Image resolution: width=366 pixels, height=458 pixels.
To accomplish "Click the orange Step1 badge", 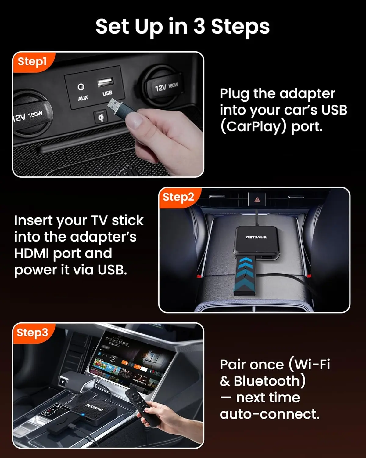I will tap(32, 62).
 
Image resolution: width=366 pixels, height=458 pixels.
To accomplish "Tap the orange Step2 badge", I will tap(178, 197).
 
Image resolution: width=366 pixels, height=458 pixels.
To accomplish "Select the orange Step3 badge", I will tap(32, 333).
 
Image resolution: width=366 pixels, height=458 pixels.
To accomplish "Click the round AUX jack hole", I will tap(81, 87).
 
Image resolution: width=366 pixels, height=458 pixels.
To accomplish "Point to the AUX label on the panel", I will tap(83, 98).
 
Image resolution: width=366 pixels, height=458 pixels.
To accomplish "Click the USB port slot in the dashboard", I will tap(105, 82).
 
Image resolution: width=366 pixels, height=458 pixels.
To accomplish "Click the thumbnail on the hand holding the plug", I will tap(134, 121).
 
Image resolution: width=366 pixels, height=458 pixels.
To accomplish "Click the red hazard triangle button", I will tap(257, 199).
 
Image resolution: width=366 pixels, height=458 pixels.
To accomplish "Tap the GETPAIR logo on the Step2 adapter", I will tap(256, 237).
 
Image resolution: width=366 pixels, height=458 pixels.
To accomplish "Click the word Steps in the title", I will tap(240, 27).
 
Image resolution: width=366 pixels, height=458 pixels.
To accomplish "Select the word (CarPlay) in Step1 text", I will tap(253, 126).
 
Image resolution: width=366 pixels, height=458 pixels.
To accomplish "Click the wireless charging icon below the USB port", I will tap(101, 117).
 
